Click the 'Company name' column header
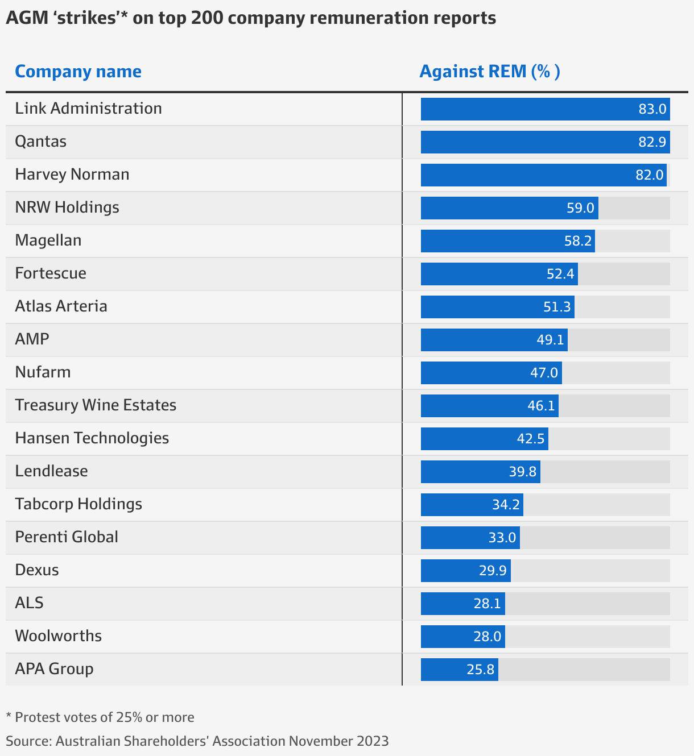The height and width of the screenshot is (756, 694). (78, 72)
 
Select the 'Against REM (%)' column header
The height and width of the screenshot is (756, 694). (489, 72)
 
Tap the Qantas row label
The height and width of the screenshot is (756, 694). (40, 142)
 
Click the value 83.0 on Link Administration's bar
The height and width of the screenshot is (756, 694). (652, 109)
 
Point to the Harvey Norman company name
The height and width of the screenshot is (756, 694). (72, 175)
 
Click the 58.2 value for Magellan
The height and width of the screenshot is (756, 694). (577, 241)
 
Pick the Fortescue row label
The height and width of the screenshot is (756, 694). (51, 273)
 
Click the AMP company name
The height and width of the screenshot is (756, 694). (32, 339)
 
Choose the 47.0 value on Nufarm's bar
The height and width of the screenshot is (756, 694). (544, 373)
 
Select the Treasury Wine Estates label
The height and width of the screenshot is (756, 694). (96, 405)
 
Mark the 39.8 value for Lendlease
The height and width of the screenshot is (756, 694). (522, 472)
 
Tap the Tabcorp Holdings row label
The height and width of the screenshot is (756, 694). (79, 504)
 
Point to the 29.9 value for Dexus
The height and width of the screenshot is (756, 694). (493, 571)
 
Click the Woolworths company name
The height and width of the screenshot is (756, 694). (58, 636)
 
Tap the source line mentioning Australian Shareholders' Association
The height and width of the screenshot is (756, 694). (197, 741)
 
